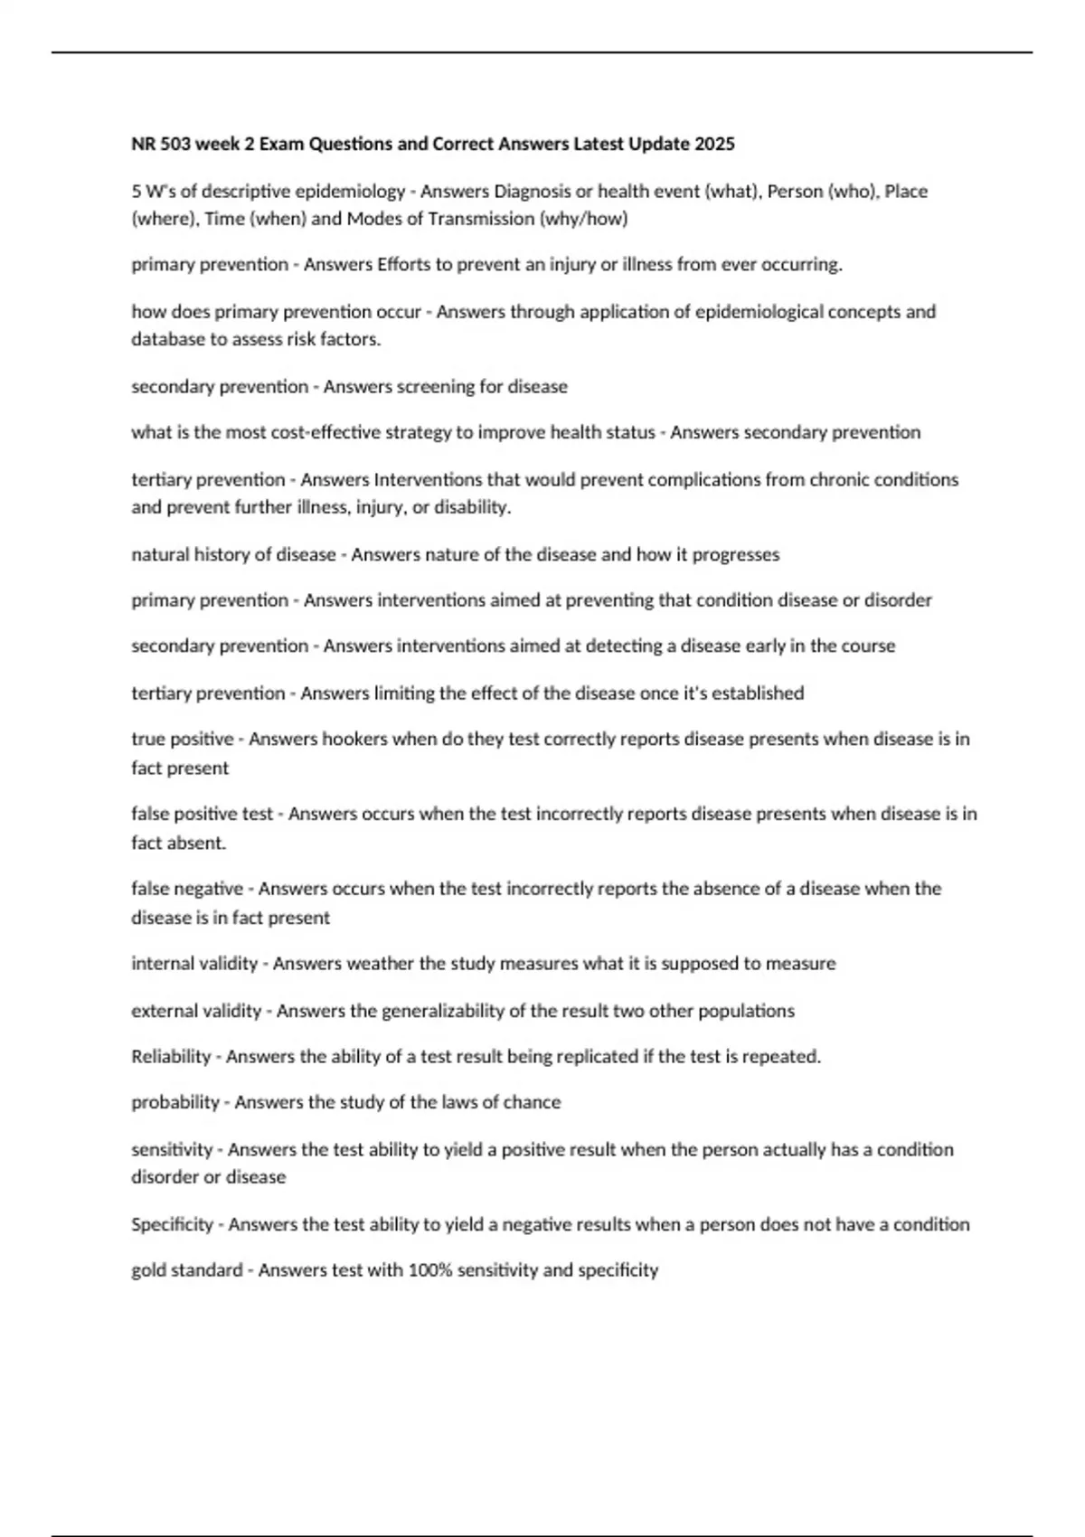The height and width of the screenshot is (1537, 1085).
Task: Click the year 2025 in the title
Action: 714,144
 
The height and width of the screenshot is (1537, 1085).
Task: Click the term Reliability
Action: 171,1057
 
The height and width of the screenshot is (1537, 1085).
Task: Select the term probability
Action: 175,1103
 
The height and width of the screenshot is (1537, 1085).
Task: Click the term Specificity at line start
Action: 172,1224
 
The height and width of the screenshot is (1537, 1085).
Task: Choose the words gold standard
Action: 186,1270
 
